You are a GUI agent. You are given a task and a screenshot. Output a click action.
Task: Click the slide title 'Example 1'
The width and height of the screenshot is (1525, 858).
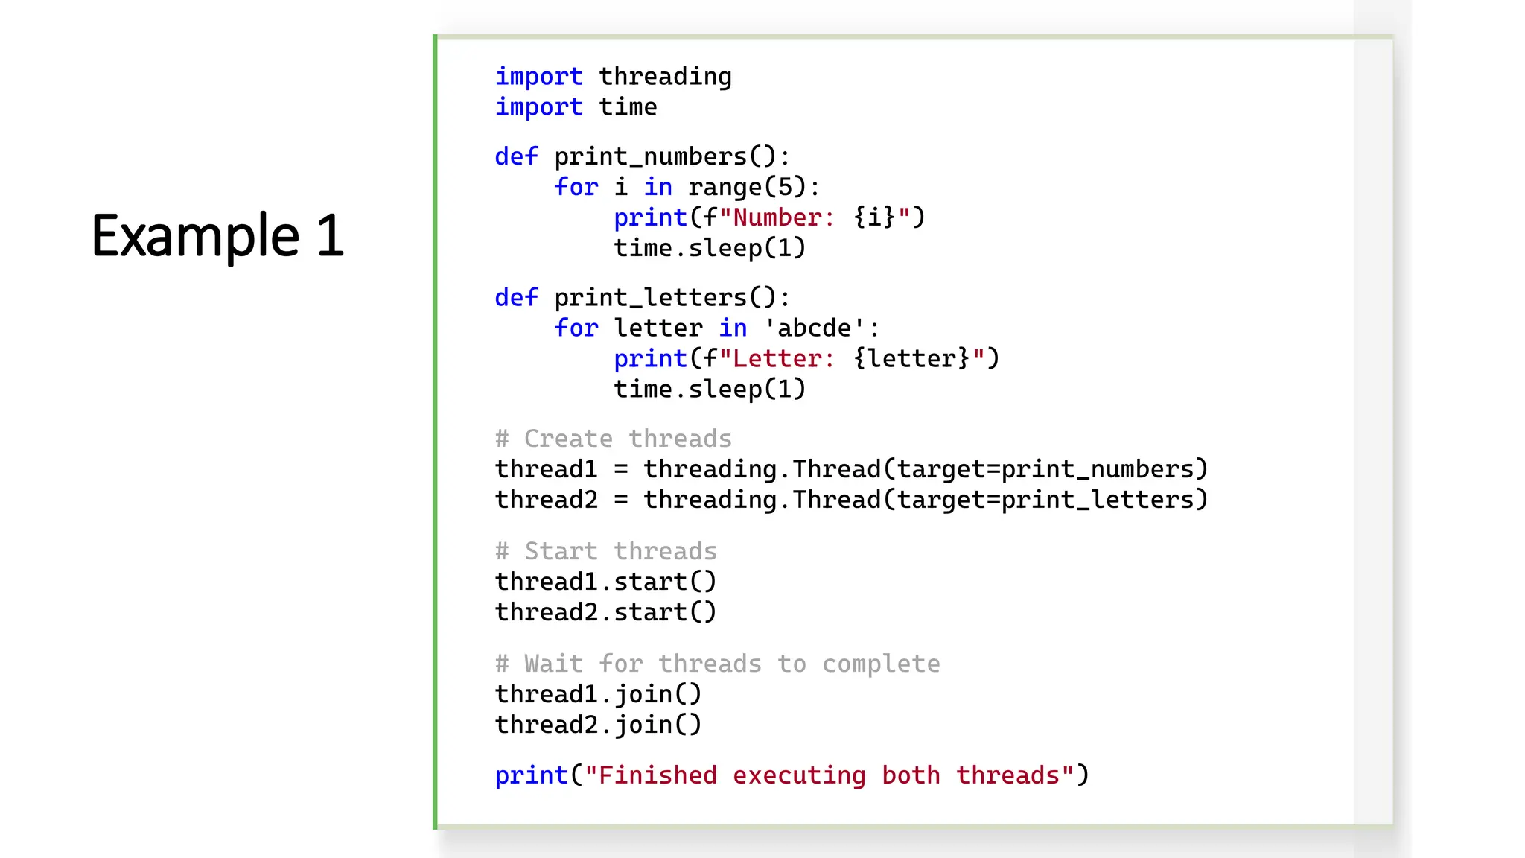(217, 235)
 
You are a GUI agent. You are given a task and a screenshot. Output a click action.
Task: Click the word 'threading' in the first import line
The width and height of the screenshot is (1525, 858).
(665, 77)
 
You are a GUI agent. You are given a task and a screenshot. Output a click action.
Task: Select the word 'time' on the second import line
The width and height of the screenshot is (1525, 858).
(628, 107)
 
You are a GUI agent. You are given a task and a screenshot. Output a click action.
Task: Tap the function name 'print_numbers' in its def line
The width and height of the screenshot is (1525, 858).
(650, 157)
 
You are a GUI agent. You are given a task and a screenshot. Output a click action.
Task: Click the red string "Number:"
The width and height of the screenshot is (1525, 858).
(777, 218)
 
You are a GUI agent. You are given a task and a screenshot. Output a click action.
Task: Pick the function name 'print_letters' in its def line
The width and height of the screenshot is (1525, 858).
(650, 298)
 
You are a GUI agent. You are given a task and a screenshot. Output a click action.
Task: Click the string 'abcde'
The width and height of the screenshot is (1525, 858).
(814, 328)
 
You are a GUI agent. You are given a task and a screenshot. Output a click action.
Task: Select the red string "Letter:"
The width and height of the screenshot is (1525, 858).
(777, 359)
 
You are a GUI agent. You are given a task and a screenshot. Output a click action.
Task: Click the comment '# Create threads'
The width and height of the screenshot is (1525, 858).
(613, 439)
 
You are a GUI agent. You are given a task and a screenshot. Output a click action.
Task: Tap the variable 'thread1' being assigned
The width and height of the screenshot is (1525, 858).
(546, 469)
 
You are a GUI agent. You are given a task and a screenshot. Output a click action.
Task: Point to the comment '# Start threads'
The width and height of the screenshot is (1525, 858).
(605, 551)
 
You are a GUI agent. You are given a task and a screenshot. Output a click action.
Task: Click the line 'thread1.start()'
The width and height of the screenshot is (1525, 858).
(605, 582)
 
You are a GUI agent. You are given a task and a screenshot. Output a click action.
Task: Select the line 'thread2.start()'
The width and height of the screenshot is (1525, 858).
(605, 612)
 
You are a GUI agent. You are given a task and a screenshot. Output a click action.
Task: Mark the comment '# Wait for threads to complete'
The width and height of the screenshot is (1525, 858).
(717, 664)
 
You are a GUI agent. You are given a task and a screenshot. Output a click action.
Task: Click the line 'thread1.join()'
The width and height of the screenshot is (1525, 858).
(598, 694)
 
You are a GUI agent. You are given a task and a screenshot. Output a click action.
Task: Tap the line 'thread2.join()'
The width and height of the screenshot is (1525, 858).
(598, 725)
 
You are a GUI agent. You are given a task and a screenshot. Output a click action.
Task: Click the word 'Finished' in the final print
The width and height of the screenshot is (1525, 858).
(658, 776)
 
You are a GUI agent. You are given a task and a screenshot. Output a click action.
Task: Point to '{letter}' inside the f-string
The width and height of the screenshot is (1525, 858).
(911, 359)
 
